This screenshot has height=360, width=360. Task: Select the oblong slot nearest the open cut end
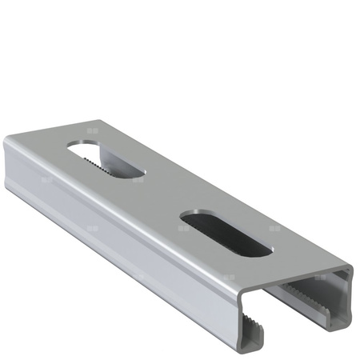pyautogui.click(x=226, y=233)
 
